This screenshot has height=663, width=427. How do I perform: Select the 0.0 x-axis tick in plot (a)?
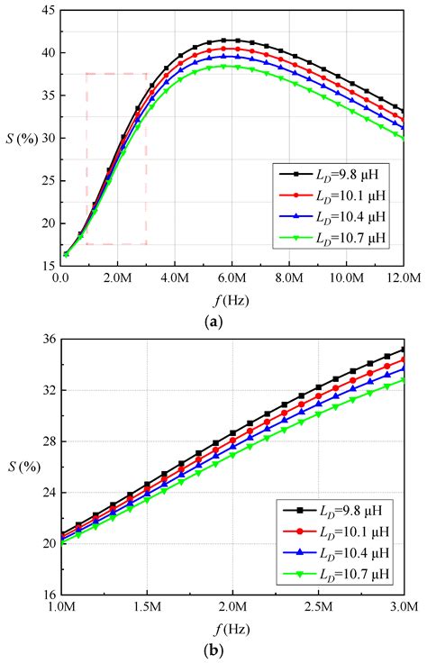coord(60,278)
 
